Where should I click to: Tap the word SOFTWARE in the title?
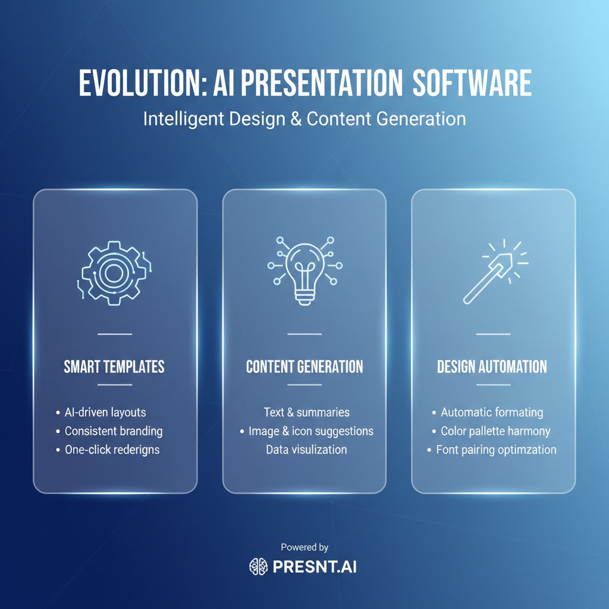tap(472, 83)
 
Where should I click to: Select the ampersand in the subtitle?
tap(296, 119)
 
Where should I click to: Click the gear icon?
tap(114, 272)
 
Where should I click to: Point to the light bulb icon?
tap(305, 271)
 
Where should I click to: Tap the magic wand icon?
tap(495, 271)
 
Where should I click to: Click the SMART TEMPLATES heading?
tap(114, 366)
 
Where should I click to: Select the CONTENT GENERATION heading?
tap(304, 366)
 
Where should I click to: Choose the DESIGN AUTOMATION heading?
tap(492, 366)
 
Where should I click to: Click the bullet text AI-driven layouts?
tap(105, 412)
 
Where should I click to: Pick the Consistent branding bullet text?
tap(114, 431)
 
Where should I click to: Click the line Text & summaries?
tap(306, 412)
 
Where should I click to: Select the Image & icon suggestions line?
tap(311, 431)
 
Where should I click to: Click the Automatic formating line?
tap(492, 412)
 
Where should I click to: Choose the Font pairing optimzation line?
tap(497, 450)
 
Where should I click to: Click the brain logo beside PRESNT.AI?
tap(258, 567)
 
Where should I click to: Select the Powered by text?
tap(304, 547)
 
